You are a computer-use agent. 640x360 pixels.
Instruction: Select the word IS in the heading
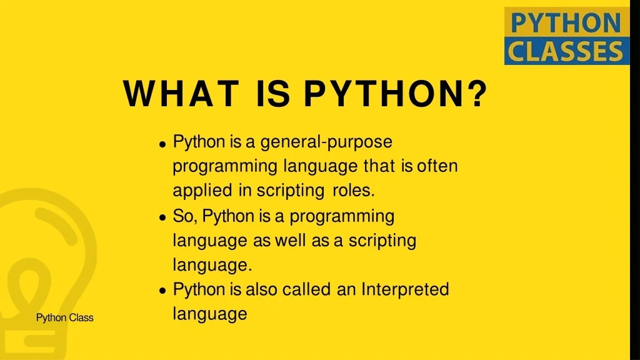[x=273, y=94]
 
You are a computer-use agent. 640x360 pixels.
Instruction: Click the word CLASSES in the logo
[x=566, y=51]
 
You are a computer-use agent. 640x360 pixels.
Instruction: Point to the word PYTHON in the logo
[x=566, y=24]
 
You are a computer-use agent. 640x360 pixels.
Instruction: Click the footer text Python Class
[x=64, y=318]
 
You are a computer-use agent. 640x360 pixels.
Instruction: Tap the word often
[x=437, y=167]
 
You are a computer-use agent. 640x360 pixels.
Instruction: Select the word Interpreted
[x=405, y=290]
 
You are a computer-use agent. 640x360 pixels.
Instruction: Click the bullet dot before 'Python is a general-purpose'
[x=162, y=144]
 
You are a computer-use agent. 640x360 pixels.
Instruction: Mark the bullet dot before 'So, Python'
[x=162, y=217]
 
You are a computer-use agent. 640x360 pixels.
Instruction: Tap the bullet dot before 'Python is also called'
[x=162, y=291]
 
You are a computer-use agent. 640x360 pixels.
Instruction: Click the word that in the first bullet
[x=379, y=167]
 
